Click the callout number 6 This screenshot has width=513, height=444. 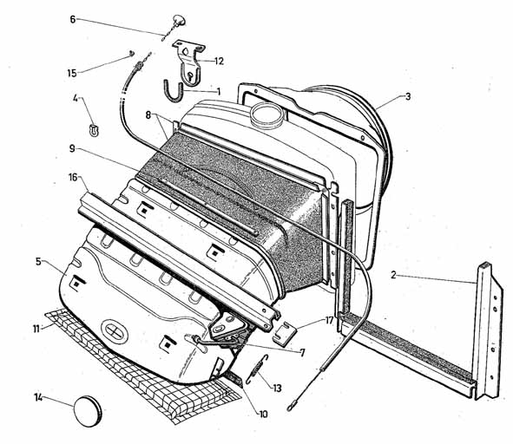coord(73,19)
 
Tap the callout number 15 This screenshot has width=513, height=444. coord(72,73)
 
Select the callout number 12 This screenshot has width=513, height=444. coord(219,61)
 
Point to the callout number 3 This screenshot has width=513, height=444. coord(408,96)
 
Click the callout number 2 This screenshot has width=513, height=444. coord(393,275)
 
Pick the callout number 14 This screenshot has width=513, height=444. coord(38,398)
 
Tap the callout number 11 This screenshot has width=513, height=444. coord(36,329)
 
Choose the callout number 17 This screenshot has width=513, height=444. coord(329,320)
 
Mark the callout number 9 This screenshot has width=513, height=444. coord(72,149)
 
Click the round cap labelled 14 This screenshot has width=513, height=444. coord(88,411)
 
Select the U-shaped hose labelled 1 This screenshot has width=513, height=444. coord(174,92)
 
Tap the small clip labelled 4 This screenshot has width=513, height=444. coord(94,130)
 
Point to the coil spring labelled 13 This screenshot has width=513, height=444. coord(257,369)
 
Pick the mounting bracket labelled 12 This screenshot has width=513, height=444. coord(189,62)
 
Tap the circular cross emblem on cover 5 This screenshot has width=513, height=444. coord(115,331)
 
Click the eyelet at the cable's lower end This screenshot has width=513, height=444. coord(290,408)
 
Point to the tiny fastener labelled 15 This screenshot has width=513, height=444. coord(132,53)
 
